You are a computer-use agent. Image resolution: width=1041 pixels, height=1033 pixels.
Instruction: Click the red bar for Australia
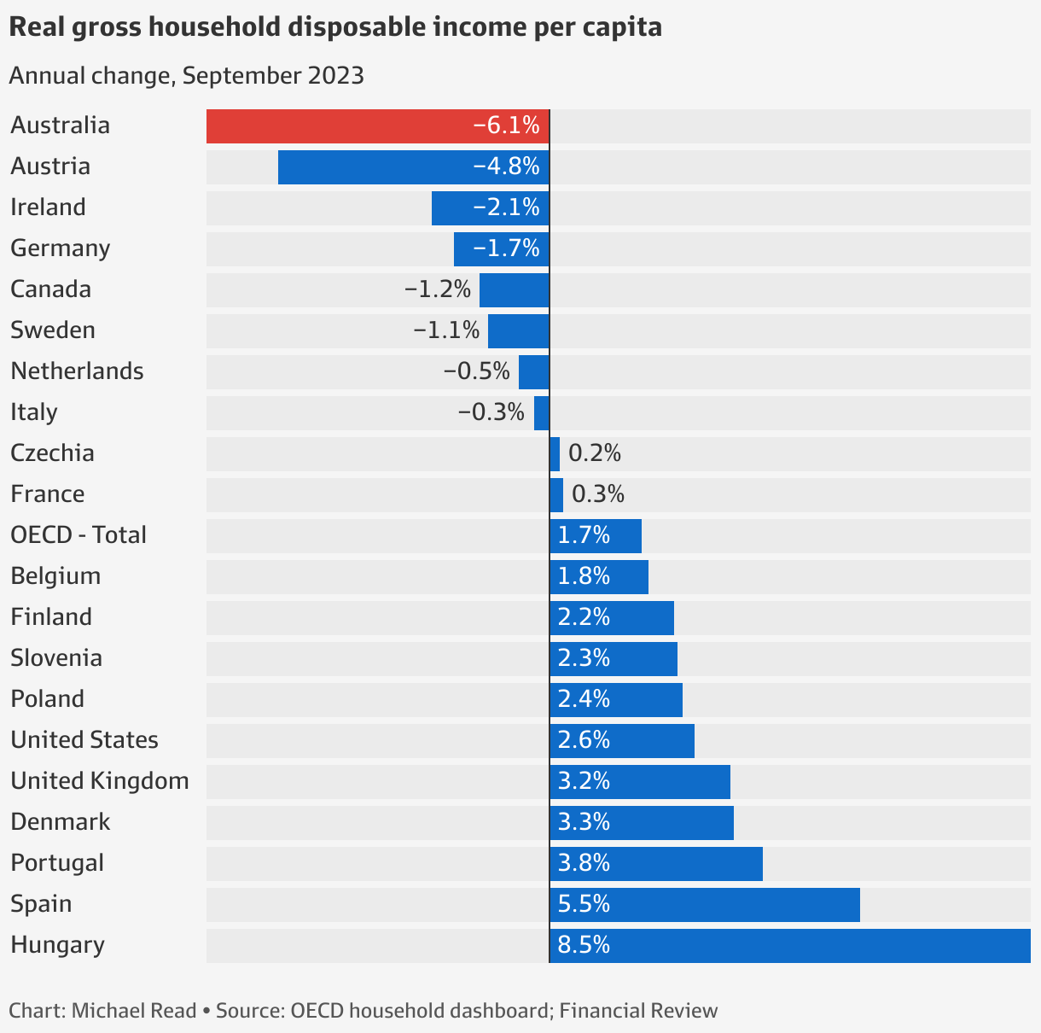coord(378,126)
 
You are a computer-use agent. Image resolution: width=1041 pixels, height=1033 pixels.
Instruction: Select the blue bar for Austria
coord(414,167)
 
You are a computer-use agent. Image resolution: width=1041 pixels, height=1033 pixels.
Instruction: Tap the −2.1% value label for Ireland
coord(506,207)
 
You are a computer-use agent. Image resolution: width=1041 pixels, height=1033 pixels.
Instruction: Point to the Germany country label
coord(61,248)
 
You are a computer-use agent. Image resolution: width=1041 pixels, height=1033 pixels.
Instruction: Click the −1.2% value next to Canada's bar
coord(438,289)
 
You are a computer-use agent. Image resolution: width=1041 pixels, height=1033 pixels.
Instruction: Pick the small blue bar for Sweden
coord(519,331)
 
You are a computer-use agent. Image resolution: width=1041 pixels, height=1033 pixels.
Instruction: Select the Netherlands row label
coord(77,371)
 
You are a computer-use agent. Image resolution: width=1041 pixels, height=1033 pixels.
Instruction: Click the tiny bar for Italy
coord(542,413)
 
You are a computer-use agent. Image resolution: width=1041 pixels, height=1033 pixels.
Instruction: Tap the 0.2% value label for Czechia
coord(595,453)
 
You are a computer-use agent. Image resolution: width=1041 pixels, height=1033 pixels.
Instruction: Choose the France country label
coord(48,494)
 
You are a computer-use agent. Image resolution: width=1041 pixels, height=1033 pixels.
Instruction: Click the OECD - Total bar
coord(596,536)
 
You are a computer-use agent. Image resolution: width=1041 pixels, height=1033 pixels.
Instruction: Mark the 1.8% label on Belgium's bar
coord(584,576)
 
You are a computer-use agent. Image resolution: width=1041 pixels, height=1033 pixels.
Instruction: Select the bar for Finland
coord(612,618)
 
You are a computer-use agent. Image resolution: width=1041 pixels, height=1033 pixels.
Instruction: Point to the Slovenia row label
coord(56,658)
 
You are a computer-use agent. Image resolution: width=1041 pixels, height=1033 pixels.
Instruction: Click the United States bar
coord(622,741)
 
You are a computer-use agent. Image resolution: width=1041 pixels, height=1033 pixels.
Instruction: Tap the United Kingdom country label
coord(100,781)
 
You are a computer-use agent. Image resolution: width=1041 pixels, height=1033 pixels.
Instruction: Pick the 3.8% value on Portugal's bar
coord(584,863)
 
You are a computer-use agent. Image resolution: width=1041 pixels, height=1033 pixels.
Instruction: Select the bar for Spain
coord(705,905)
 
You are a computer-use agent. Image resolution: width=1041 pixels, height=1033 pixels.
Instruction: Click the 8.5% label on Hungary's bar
coord(584,945)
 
